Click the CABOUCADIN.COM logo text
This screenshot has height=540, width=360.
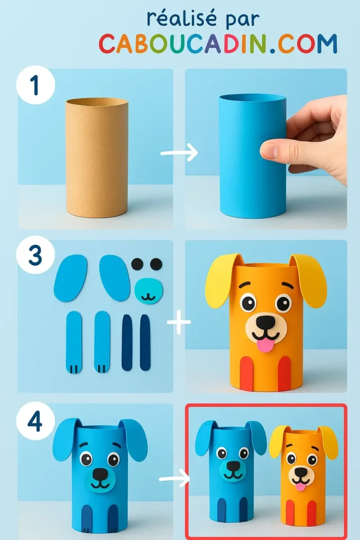pos(218,44)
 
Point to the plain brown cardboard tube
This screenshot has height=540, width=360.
pos(96,157)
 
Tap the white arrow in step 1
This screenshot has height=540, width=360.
pos(179,153)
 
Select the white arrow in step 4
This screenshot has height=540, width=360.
pos(174,479)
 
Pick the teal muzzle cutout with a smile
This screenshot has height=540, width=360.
pos(149,291)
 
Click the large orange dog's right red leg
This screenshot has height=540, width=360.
pos(285,373)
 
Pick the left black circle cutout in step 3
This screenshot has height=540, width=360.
pos(137,264)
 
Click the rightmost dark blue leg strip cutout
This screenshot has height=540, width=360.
pos(145,343)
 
